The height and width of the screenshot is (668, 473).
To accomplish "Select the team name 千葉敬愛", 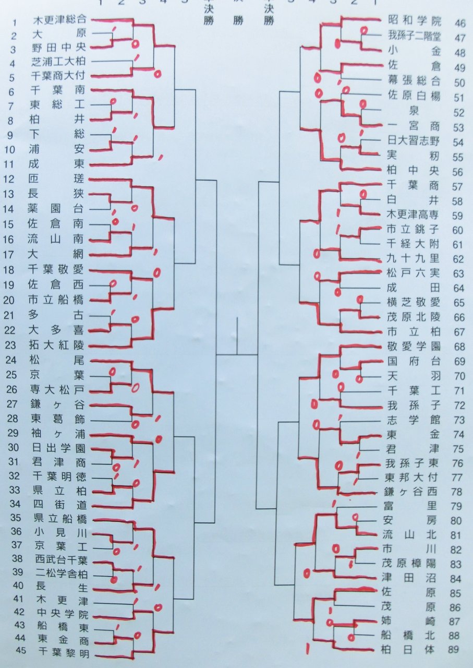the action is (x=58, y=270).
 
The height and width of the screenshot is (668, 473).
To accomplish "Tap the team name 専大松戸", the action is (x=58, y=389).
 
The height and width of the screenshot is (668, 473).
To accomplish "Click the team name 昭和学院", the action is (x=415, y=22).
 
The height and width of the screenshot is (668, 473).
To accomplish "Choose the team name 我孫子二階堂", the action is (x=415, y=37).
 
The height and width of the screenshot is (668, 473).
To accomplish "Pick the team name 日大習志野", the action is (x=415, y=140).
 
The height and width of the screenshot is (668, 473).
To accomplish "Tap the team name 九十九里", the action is (x=415, y=258).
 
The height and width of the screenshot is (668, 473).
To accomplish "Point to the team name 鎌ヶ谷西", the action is (x=415, y=492).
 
